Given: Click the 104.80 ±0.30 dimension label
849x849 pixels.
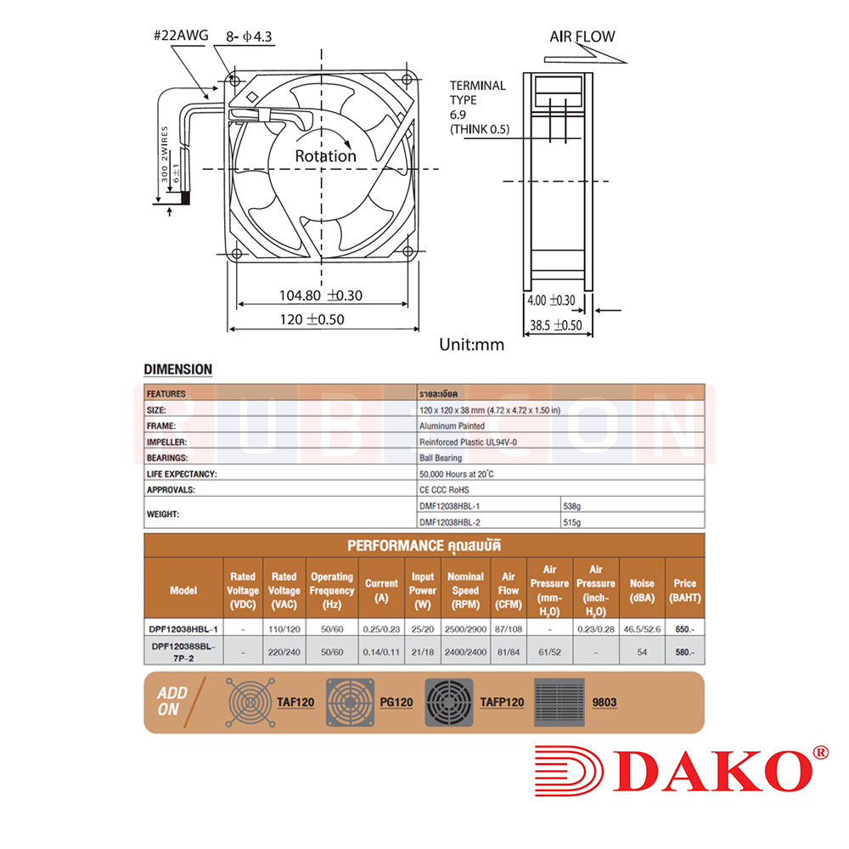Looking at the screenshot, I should pyautogui.click(x=321, y=295).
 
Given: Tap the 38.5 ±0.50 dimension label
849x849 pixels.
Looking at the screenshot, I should pyautogui.click(x=555, y=325).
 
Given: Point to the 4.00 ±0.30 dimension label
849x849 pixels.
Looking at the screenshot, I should pyautogui.click(x=550, y=301).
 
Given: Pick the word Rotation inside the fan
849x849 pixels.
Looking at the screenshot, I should pyautogui.click(x=325, y=156).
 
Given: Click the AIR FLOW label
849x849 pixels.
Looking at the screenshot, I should pyautogui.click(x=582, y=37).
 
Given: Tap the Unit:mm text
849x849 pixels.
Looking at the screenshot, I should pyautogui.click(x=471, y=345).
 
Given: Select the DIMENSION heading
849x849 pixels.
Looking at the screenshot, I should pyautogui.click(x=177, y=369).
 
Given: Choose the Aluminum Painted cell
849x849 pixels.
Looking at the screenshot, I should pyautogui.click(x=452, y=426).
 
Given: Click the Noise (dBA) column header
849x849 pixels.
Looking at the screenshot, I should pyautogui.click(x=642, y=590).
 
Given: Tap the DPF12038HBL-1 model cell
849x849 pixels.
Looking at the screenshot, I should pyautogui.click(x=183, y=629).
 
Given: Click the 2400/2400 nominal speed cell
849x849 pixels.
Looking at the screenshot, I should pyautogui.click(x=465, y=652).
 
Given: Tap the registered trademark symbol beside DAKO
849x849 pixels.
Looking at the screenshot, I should pyautogui.click(x=820, y=752).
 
